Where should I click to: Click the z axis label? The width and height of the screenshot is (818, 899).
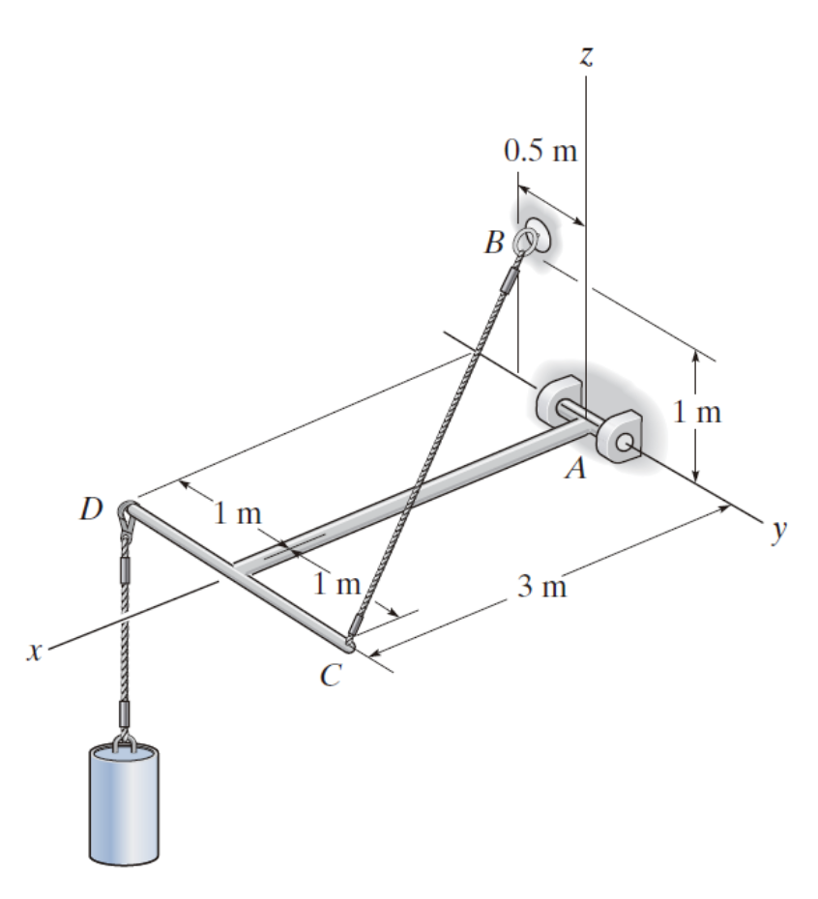point(585,56)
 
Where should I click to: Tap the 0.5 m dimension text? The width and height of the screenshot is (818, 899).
point(540,152)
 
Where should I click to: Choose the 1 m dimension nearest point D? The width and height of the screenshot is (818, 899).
point(237,513)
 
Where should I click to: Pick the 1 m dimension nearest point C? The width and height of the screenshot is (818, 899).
point(336,584)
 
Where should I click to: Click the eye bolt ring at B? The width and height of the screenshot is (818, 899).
point(527,238)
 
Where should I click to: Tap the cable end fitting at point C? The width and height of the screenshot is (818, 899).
point(356,628)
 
